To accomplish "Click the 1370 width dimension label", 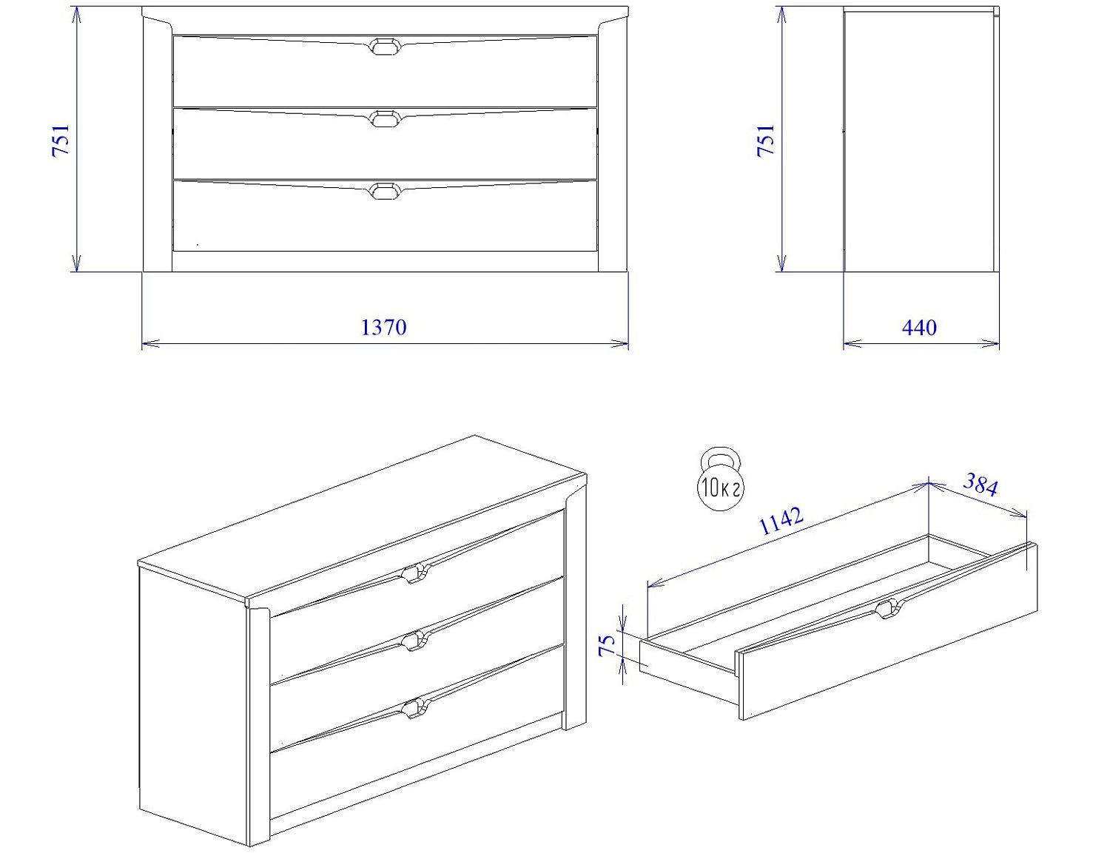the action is tap(383, 327).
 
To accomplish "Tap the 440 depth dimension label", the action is tap(920, 327).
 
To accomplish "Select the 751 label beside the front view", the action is tap(61, 141).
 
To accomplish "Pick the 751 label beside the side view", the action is tap(766, 141).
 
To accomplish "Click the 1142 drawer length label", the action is tap(782, 520).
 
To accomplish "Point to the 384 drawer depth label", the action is tap(980, 485).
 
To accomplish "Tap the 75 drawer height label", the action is tap(608, 645).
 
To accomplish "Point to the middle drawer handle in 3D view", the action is tap(415, 641).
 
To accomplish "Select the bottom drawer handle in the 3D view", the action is tap(415, 709).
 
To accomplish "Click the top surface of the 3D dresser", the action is tap(362, 516).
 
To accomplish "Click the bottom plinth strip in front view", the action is tap(385, 261).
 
